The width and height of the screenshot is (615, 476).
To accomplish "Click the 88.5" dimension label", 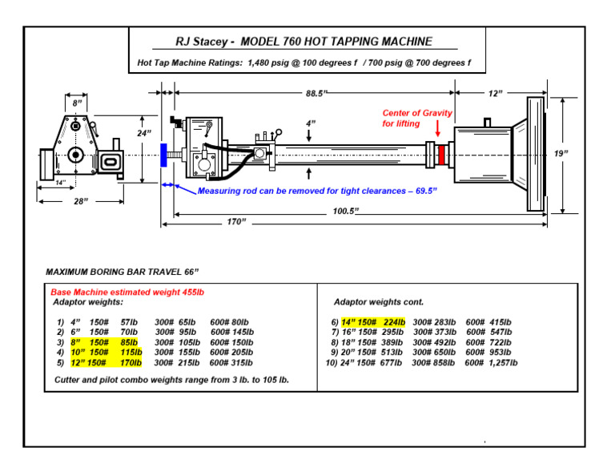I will (x=316, y=94).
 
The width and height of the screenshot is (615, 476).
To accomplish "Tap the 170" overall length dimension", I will (x=235, y=221).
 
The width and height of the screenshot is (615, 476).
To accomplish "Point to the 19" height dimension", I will (x=560, y=153).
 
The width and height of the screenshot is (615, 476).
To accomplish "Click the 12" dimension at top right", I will (x=496, y=94).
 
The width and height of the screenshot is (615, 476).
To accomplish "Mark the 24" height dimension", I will (x=143, y=133).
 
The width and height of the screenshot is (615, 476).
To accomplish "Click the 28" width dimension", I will (x=80, y=201).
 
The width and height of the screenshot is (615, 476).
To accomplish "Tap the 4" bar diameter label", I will (x=311, y=123).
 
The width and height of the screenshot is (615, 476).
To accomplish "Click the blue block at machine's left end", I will (x=163, y=154).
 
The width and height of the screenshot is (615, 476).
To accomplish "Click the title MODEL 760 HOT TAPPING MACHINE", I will (x=303, y=42).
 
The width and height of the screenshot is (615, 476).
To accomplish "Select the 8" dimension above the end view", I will (x=77, y=103).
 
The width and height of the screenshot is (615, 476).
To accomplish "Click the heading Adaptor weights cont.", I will (x=378, y=302).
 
